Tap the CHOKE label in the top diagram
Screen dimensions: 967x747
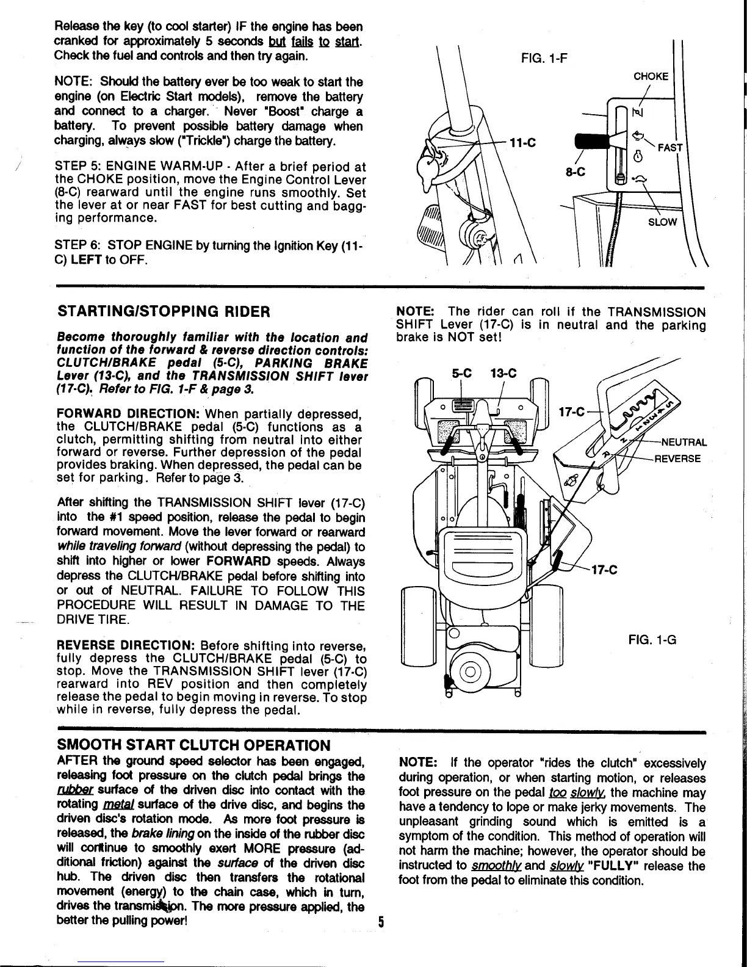[x=651, y=76]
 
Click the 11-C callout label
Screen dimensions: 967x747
[x=523, y=144]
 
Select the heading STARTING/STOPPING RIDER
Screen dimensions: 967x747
[x=163, y=312]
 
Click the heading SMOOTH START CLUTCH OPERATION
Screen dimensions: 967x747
[x=193, y=745]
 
